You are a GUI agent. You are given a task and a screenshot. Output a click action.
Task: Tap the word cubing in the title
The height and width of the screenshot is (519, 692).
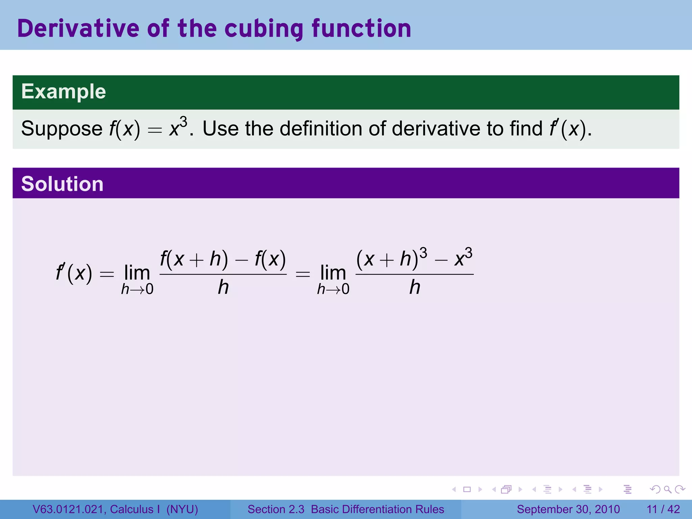pyautogui.click(x=264, y=29)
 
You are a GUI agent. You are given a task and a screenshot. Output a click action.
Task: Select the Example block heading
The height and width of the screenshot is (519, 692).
pyautogui.click(x=64, y=92)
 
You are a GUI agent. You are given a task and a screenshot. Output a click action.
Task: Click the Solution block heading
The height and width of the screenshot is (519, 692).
pyautogui.click(x=62, y=184)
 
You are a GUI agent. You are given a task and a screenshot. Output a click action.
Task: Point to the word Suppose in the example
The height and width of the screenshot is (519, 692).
pyautogui.click(x=62, y=129)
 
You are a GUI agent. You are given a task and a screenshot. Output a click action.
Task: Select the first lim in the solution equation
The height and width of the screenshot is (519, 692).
pyautogui.click(x=137, y=272)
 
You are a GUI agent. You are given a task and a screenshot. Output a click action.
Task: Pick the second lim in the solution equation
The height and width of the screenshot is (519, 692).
pyautogui.click(x=333, y=272)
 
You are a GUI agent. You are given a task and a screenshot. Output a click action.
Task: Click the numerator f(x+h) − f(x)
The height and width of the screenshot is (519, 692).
pyautogui.click(x=223, y=259)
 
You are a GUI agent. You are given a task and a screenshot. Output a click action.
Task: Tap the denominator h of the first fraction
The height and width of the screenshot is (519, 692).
pyautogui.click(x=223, y=288)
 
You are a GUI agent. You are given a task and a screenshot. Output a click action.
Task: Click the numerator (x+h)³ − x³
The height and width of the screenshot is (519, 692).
pyautogui.click(x=414, y=258)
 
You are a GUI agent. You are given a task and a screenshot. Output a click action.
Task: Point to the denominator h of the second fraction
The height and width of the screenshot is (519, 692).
pyautogui.click(x=415, y=288)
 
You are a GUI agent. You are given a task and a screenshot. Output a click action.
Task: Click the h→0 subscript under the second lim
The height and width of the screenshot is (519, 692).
pyautogui.click(x=333, y=289)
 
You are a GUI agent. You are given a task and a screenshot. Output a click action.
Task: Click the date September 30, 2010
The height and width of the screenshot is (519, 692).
pyautogui.click(x=568, y=509)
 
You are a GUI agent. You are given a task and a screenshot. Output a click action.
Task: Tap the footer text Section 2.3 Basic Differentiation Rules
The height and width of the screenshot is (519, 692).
pyautogui.click(x=346, y=509)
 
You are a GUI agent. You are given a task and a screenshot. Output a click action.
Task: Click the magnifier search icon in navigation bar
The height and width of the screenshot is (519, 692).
pyautogui.click(x=667, y=489)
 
